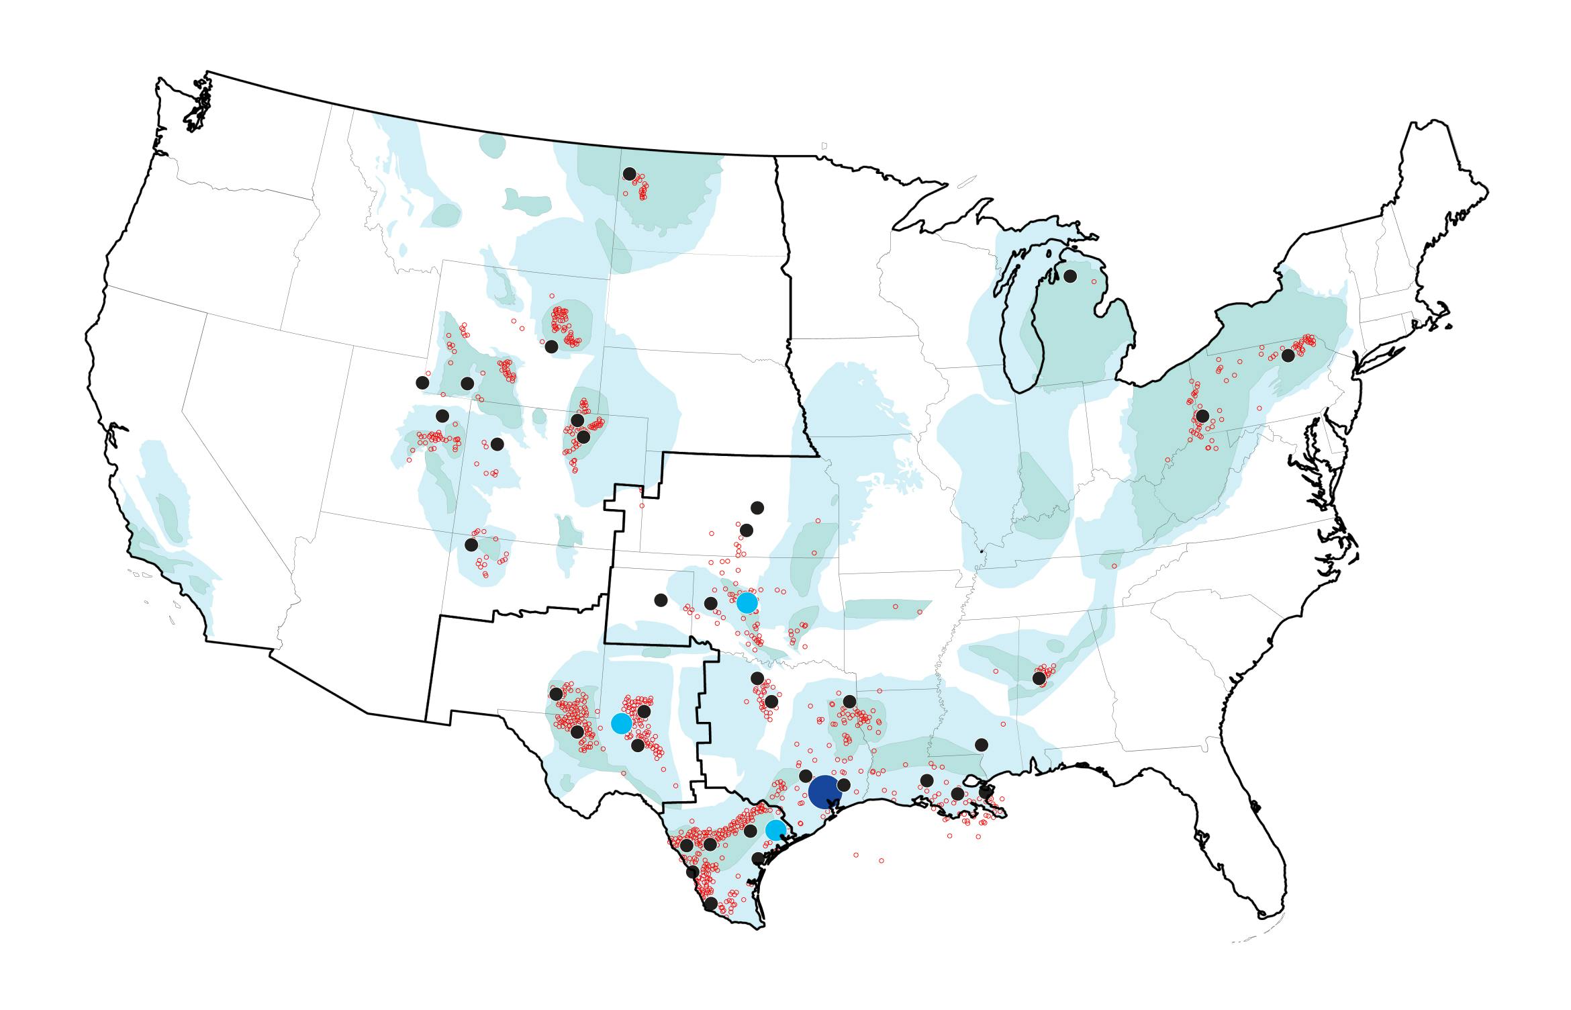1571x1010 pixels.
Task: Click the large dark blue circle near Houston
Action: pyautogui.click(x=825, y=792)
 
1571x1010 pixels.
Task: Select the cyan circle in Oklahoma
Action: pyautogui.click(x=747, y=602)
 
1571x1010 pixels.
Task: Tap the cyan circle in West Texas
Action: pyautogui.click(x=622, y=723)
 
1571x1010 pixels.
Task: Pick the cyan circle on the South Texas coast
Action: pyautogui.click(x=775, y=830)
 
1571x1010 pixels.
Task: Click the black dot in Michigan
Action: pyautogui.click(x=1070, y=276)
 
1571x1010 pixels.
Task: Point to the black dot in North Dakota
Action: pyautogui.click(x=629, y=174)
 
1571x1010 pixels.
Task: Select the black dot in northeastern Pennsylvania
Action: pyautogui.click(x=1288, y=355)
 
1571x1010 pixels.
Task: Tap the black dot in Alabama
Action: pyautogui.click(x=1039, y=678)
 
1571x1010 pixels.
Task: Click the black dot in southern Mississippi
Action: pyautogui.click(x=982, y=745)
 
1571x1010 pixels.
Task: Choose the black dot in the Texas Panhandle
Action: pyautogui.click(x=661, y=600)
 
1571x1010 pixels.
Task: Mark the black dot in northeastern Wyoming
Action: pyautogui.click(x=551, y=347)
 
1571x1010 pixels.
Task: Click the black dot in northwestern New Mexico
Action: pyautogui.click(x=471, y=545)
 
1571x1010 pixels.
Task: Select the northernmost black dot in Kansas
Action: pyautogui.click(x=757, y=507)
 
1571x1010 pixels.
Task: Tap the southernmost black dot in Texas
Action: pyautogui.click(x=710, y=904)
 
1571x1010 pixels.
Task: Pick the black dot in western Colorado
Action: pyautogui.click(x=497, y=444)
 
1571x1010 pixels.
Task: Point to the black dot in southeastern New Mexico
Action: pyautogui.click(x=556, y=694)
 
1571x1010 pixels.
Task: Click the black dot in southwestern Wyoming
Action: pyautogui.click(x=467, y=383)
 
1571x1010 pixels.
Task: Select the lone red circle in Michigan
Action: pyautogui.click(x=1094, y=282)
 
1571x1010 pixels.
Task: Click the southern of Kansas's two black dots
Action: pyautogui.click(x=746, y=531)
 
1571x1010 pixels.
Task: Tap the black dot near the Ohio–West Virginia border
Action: pyautogui.click(x=1202, y=416)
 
